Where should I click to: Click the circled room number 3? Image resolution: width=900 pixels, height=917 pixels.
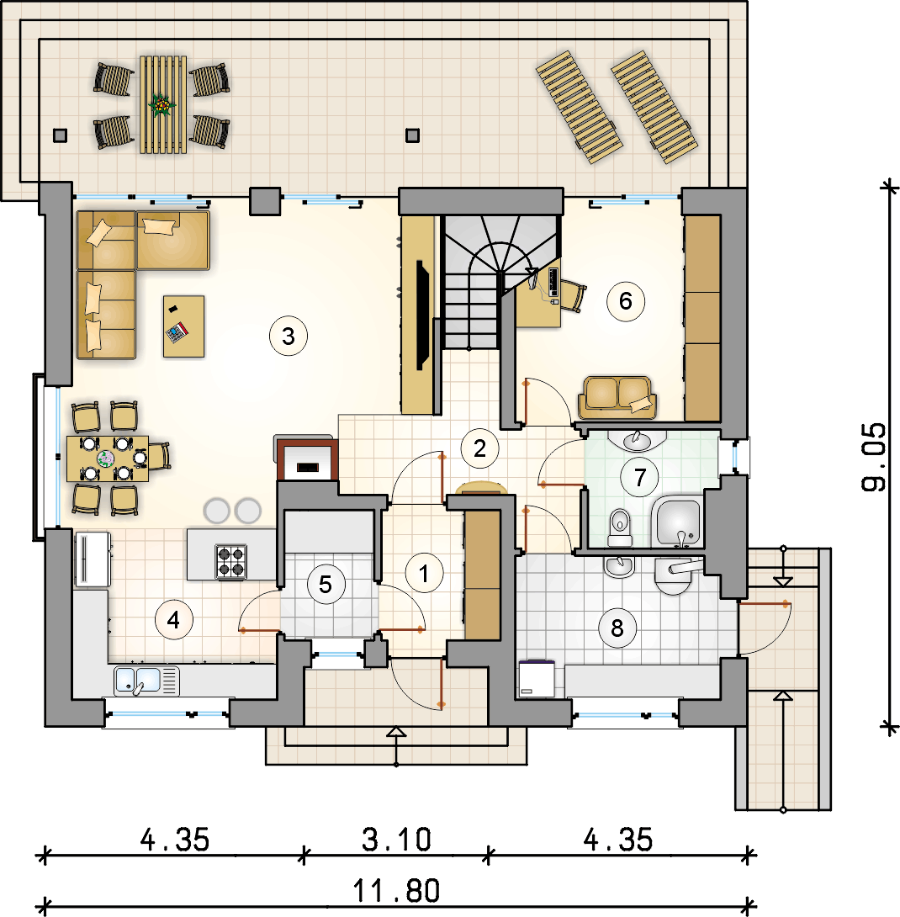click(x=289, y=337)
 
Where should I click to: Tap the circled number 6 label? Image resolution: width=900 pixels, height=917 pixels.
click(x=626, y=301)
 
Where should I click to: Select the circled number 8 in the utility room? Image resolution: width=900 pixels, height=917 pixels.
click(x=617, y=628)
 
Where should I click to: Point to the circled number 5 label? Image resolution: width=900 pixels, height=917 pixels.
click(x=326, y=584)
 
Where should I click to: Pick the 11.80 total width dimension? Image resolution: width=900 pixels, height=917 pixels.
click(x=396, y=891)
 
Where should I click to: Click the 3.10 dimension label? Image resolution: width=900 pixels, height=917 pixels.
click(x=396, y=840)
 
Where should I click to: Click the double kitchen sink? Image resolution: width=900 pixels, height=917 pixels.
click(x=146, y=681)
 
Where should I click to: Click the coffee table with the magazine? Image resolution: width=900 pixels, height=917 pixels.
click(x=183, y=326)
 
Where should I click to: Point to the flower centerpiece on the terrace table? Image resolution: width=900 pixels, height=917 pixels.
click(x=161, y=105)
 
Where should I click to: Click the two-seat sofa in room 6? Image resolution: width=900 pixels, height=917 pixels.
click(x=617, y=398)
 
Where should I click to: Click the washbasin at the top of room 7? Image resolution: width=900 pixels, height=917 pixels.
click(x=637, y=440)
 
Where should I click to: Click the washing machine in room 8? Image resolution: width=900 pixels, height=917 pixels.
click(x=537, y=679)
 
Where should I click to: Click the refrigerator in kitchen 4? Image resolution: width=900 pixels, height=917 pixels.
click(x=93, y=559)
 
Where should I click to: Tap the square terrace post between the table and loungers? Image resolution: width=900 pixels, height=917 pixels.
click(x=412, y=135)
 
